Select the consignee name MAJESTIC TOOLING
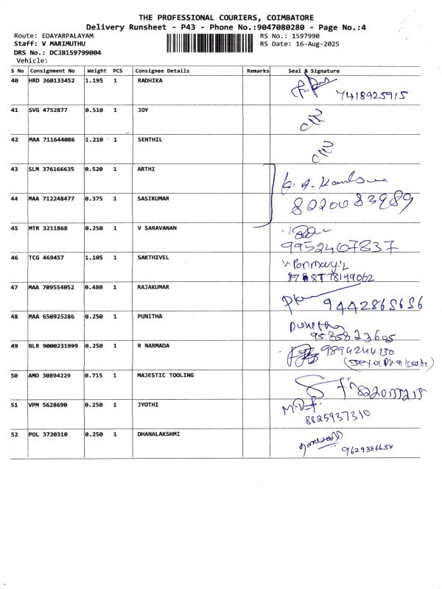pyautogui.click(x=166, y=375)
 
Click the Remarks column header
pyautogui.click(x=258, y=71)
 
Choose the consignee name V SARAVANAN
pyautogui.click(x=158, y=228)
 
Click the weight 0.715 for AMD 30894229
pyautogui.click(x=94, y=375)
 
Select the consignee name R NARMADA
pyautogui.click(x=154, y=346)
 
